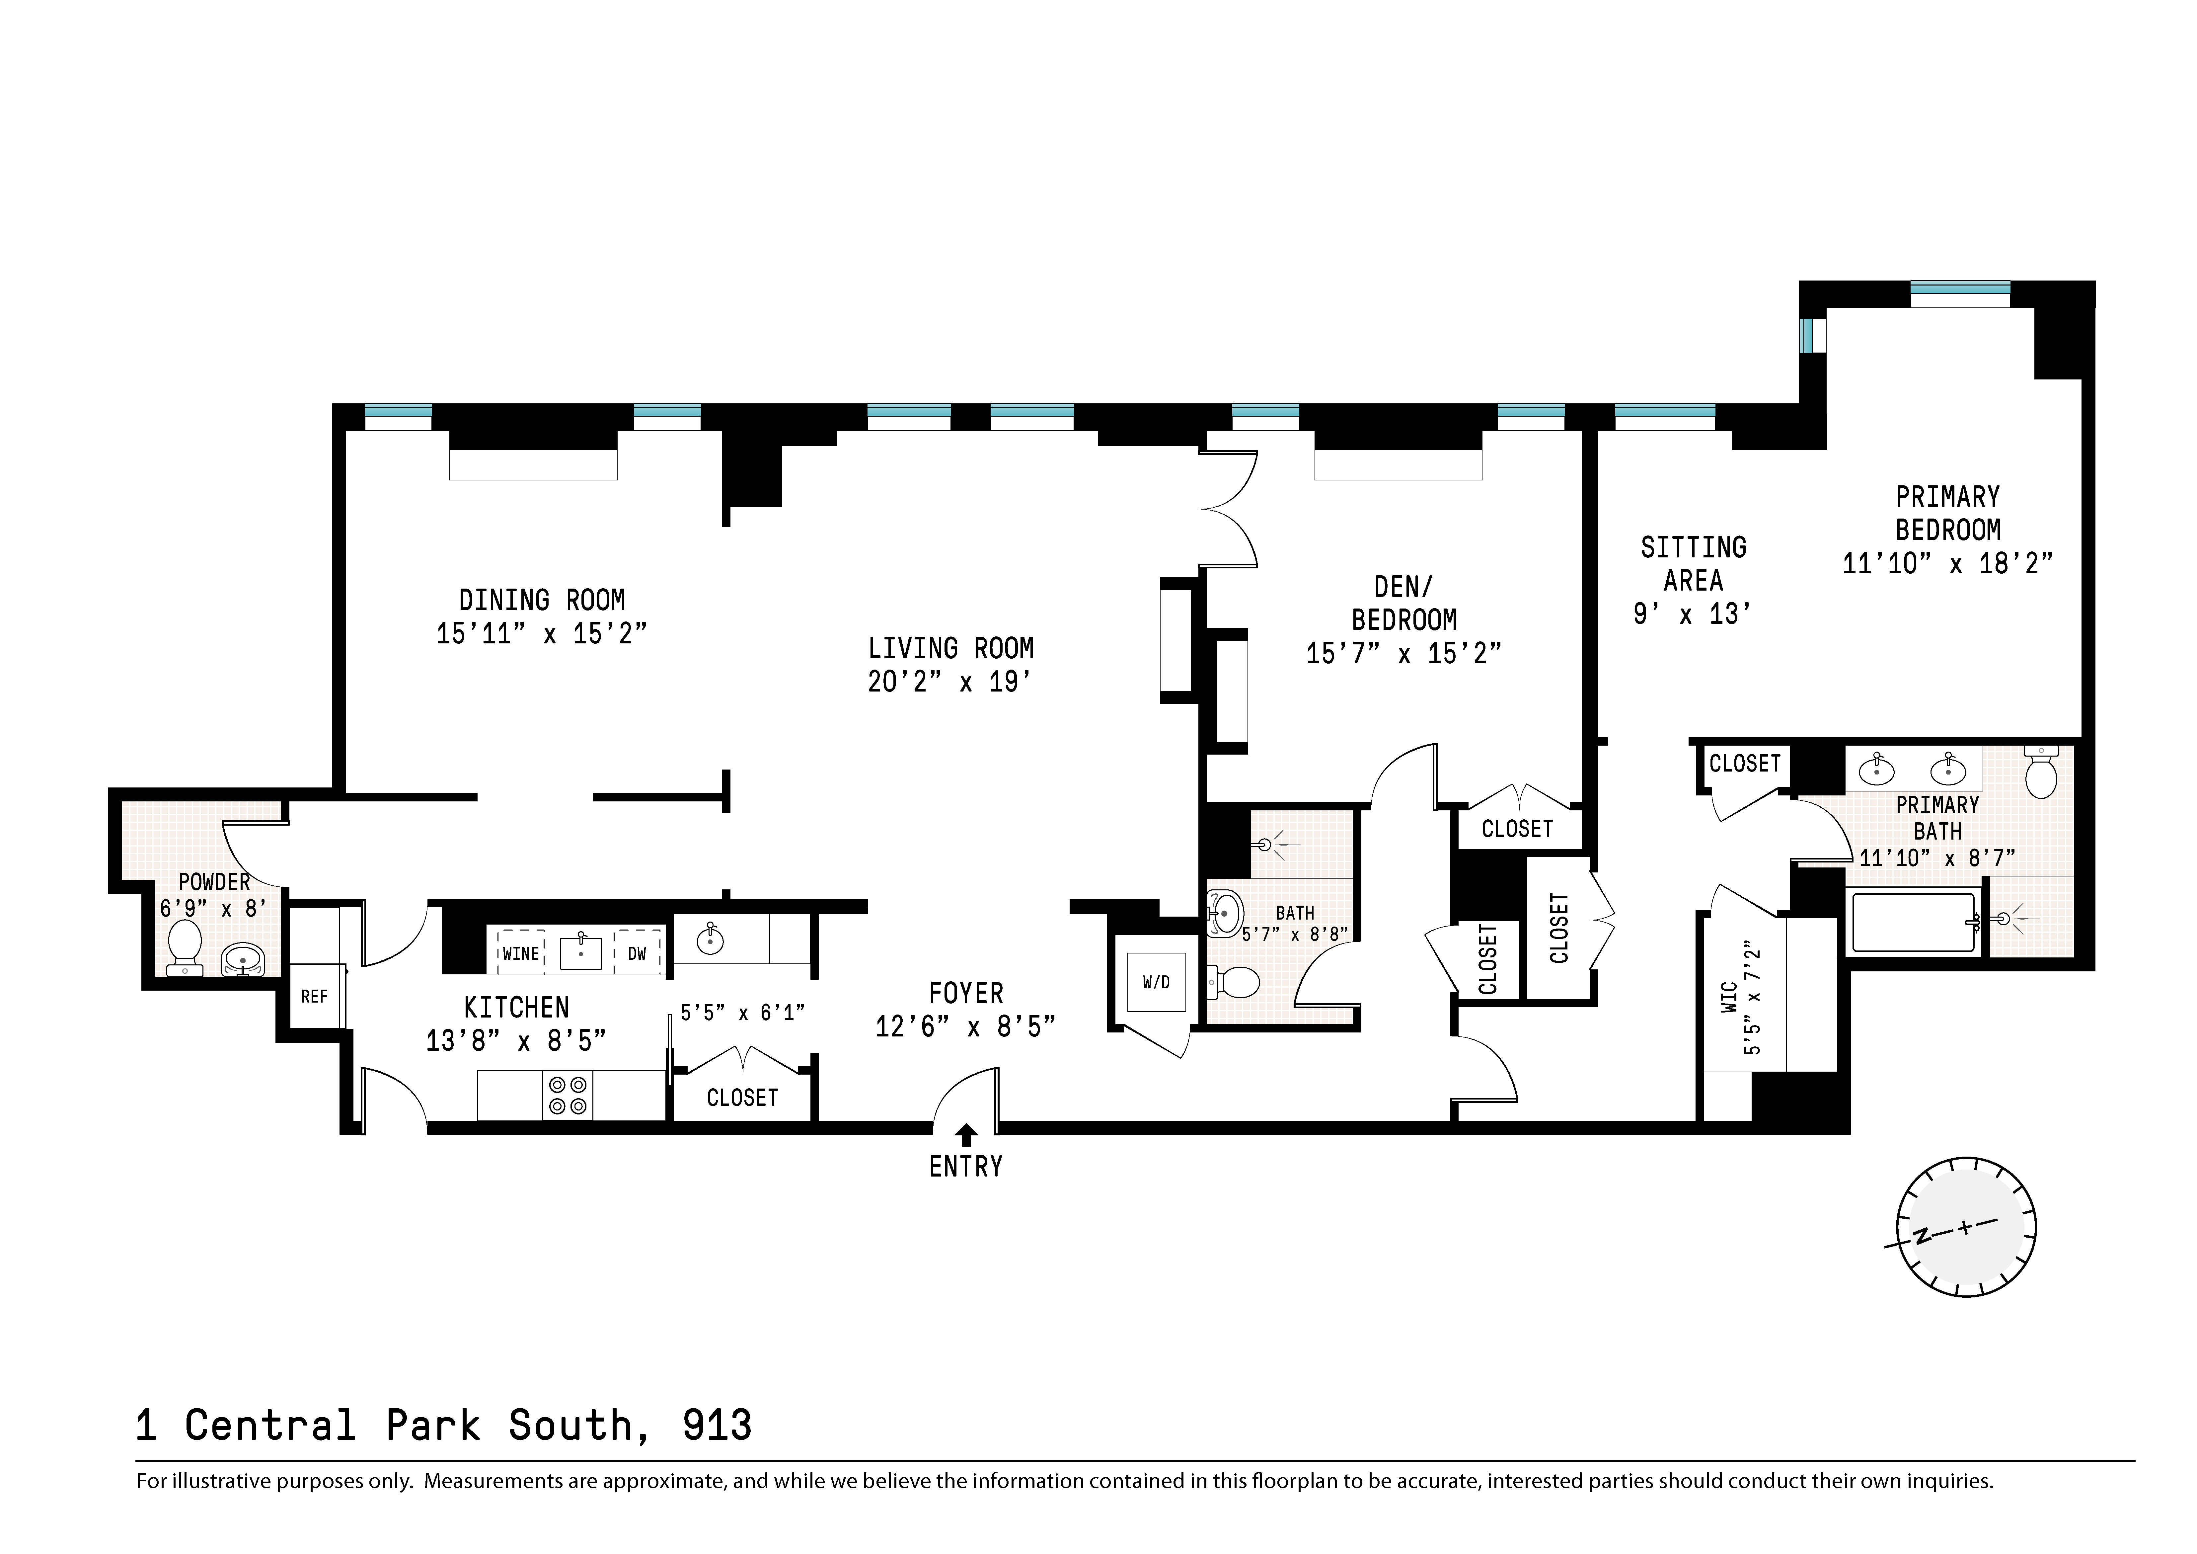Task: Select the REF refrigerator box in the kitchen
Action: pyautogui.click(x=314, y=996)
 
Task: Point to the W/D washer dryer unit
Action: pyautogui.click(x=1156, y=982)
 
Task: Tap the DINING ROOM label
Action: pyautogui.click(x=542, y=600)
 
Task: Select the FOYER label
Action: pyautogui.click(x=965, y=993)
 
